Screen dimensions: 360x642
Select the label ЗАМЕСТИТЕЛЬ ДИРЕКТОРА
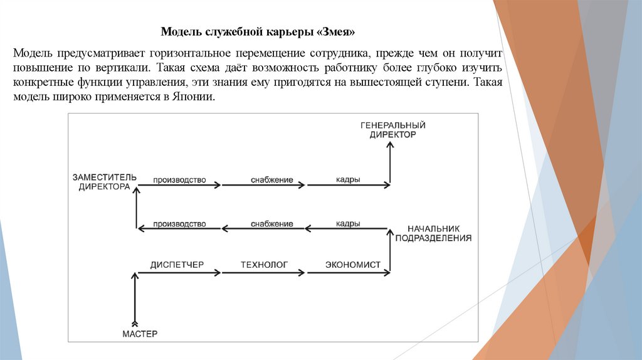tap(104, 182)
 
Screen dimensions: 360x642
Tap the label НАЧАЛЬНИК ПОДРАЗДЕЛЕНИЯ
tap(433, 233)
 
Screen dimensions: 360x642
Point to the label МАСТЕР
tap(140, 333)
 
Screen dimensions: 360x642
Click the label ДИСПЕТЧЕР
tap(177, 265)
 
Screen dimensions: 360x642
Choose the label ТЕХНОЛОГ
tap(264, 265)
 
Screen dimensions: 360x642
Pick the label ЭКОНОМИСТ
tap(352, 265)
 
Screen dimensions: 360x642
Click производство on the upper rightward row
tap(179, 180)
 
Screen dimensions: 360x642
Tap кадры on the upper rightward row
tap(347, 180)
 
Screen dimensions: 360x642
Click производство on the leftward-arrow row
tap(179, 224)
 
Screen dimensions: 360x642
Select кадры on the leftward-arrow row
tap(347, 223)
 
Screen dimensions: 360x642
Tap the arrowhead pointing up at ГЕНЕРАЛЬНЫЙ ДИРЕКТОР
tap(390, 146)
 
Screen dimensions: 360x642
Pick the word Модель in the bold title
tap(177, 31)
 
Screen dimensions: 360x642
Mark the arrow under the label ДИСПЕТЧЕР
tap(179, 273)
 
